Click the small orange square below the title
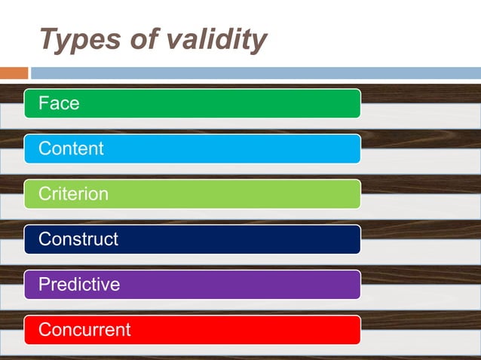click(14, 73)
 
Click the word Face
click(59, 103)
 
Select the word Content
click(71, 148)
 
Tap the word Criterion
click(73, 194)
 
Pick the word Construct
click(78, 239)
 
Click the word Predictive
click(79, 284)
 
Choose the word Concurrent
click(84, 329)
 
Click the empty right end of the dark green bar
click(317, 103)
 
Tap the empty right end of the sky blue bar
click(317, 148)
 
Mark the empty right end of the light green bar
click(317, 194)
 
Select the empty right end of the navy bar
click(317, 239)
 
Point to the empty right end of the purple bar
click(317, 284)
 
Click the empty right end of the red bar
click(317, 329)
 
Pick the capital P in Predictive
click(44, 284)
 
